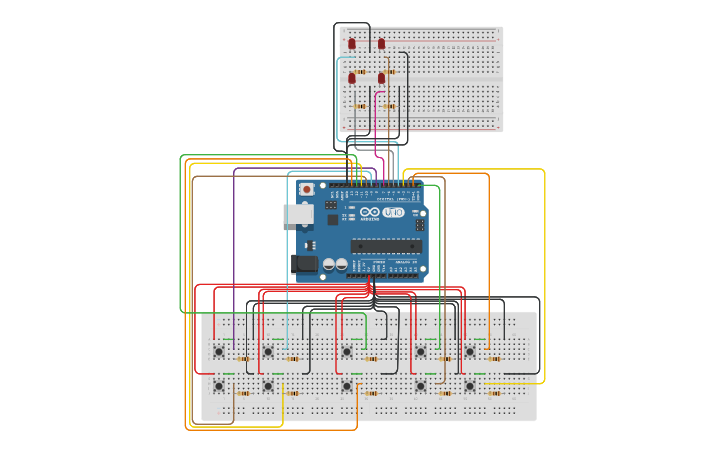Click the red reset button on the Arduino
[x=306, y=189]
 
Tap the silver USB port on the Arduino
[x=298, y=214]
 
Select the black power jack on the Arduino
[x=304, y=264]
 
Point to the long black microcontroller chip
[x=385, y=246]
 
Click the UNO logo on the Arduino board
[x=393, y=212]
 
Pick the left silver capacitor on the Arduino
[x=327, y=265]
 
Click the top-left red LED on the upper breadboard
[x=352, y=44]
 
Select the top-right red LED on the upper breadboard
[x=381, y=44]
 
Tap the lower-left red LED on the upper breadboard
[x=352, y=77]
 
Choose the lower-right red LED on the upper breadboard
[x=381, y=77]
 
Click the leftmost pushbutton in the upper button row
[x=219, y=351]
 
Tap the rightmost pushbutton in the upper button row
[x=469, y=351]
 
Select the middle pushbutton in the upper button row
[x=346, y=351]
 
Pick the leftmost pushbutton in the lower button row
[x=219, y=385]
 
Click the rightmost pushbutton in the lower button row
[x=469, y=385]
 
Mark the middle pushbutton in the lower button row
[x=346, y=385]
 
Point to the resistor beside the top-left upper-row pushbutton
[x=244, y=359]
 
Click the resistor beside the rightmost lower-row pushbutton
[x=494, y=393]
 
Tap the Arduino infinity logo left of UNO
[x=369, y=212]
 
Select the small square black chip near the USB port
[x=332, y=219]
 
